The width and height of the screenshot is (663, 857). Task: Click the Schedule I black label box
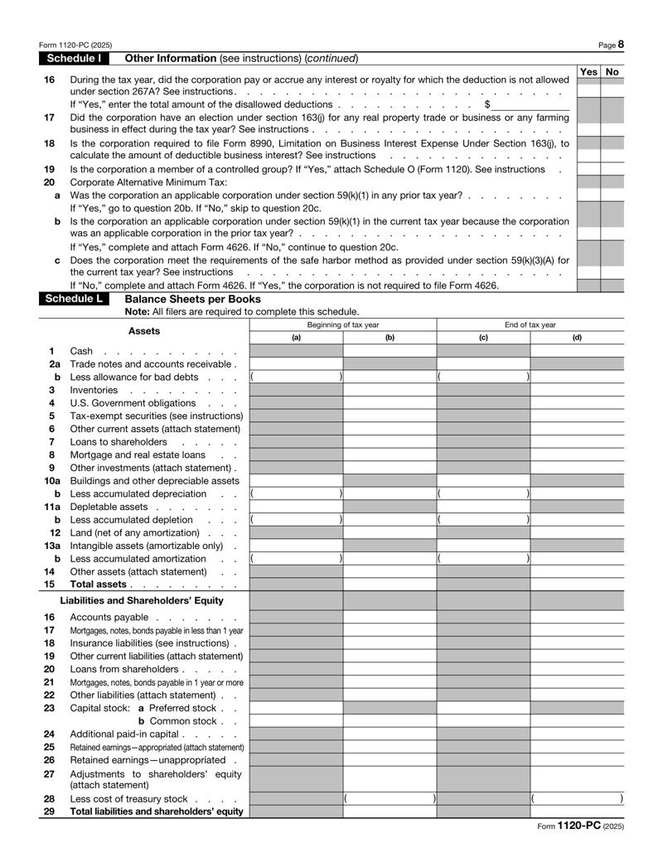[x=80, y=59]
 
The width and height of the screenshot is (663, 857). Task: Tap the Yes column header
[x=588, y=72]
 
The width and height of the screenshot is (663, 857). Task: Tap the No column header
[x=612, y=72]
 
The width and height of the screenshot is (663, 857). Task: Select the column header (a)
[x=296, y=337]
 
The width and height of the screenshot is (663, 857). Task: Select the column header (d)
[x=577, y=337]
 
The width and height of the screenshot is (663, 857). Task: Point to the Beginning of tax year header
[x=343, y=324]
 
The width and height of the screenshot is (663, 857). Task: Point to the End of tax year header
[x=530, y=324]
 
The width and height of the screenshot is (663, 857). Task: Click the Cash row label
[x=82, y=351]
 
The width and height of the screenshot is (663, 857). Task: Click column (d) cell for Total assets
[x=577, y=585]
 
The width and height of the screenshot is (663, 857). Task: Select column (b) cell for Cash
[x=390, y=351]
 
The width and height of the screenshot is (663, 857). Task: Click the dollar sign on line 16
[x=487, y=104]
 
